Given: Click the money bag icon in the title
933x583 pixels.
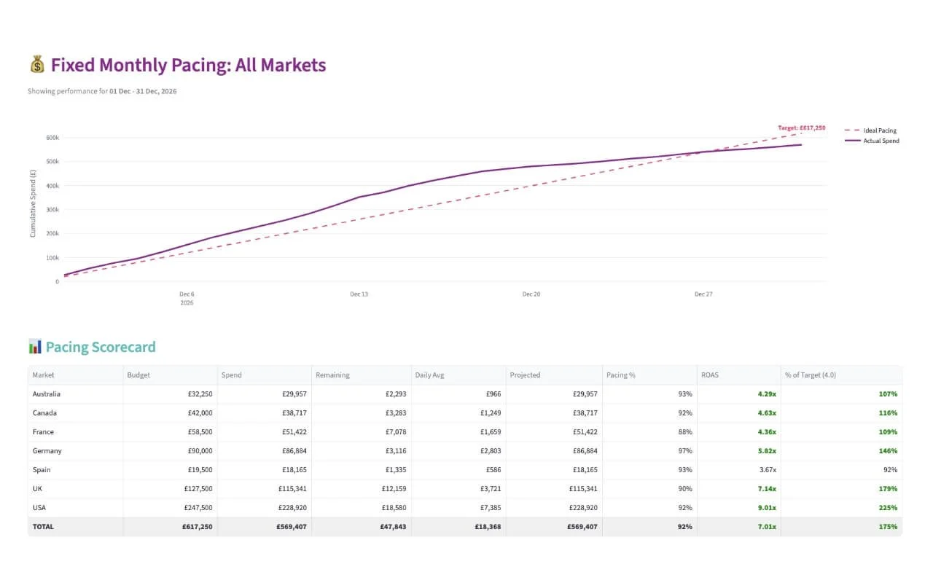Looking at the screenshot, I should [x=37, y=65].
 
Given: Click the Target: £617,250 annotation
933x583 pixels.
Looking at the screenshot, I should [x=801, y=128].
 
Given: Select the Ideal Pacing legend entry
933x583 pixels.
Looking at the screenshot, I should [x=879, y=130].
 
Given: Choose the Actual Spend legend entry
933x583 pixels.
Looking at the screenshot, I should [x=881, y=141].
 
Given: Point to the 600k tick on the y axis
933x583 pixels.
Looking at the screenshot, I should [x=52, y=138].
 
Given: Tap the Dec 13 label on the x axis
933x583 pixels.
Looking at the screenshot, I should [x=359, y=294].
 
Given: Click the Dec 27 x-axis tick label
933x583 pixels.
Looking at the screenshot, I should [x=703, y=294].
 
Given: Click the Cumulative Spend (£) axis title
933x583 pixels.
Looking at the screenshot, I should [x=33, y=203].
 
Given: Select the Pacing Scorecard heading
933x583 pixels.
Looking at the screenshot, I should [x=101, y=347].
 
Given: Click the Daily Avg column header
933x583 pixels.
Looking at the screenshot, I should [x=429, y=375].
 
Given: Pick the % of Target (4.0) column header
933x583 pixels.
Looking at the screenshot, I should [x=810, y=375].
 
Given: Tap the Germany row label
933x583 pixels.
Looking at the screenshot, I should [x=47, y=451].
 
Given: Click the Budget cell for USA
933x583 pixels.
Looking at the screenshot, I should [x=198, y=508].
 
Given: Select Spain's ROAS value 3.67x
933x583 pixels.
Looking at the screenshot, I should [x=765, y=470].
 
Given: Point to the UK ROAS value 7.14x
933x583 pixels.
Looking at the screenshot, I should [x=765, y=489].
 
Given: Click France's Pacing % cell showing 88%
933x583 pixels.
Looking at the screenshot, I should [x=684, y=432].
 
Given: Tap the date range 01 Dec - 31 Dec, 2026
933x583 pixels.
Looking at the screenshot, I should [x=143, y=92].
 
